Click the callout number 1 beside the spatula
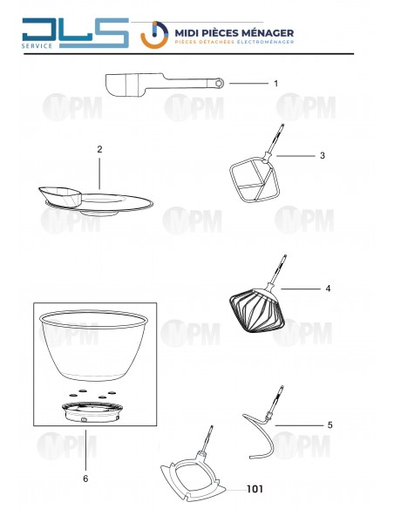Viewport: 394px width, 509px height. [275, 84]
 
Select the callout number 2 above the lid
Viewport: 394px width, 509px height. [99, 149]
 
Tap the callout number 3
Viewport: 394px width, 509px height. [323, 155]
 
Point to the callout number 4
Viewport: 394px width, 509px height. [328, 288]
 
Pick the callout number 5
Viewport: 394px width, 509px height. [330, 425]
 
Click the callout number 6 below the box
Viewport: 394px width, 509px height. [85, 478]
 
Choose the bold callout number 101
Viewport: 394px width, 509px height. [255, 489]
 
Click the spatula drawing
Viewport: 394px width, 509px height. [164, 85]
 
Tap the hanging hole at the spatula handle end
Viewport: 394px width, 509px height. [219, 84]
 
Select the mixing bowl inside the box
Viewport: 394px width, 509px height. [93, 345]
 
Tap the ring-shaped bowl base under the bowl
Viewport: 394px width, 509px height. [92, 412]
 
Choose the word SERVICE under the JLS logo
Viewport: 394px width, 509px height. [37, 46]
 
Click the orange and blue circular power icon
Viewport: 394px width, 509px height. [154, 35]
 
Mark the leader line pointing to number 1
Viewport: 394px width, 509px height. [248, 84]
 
